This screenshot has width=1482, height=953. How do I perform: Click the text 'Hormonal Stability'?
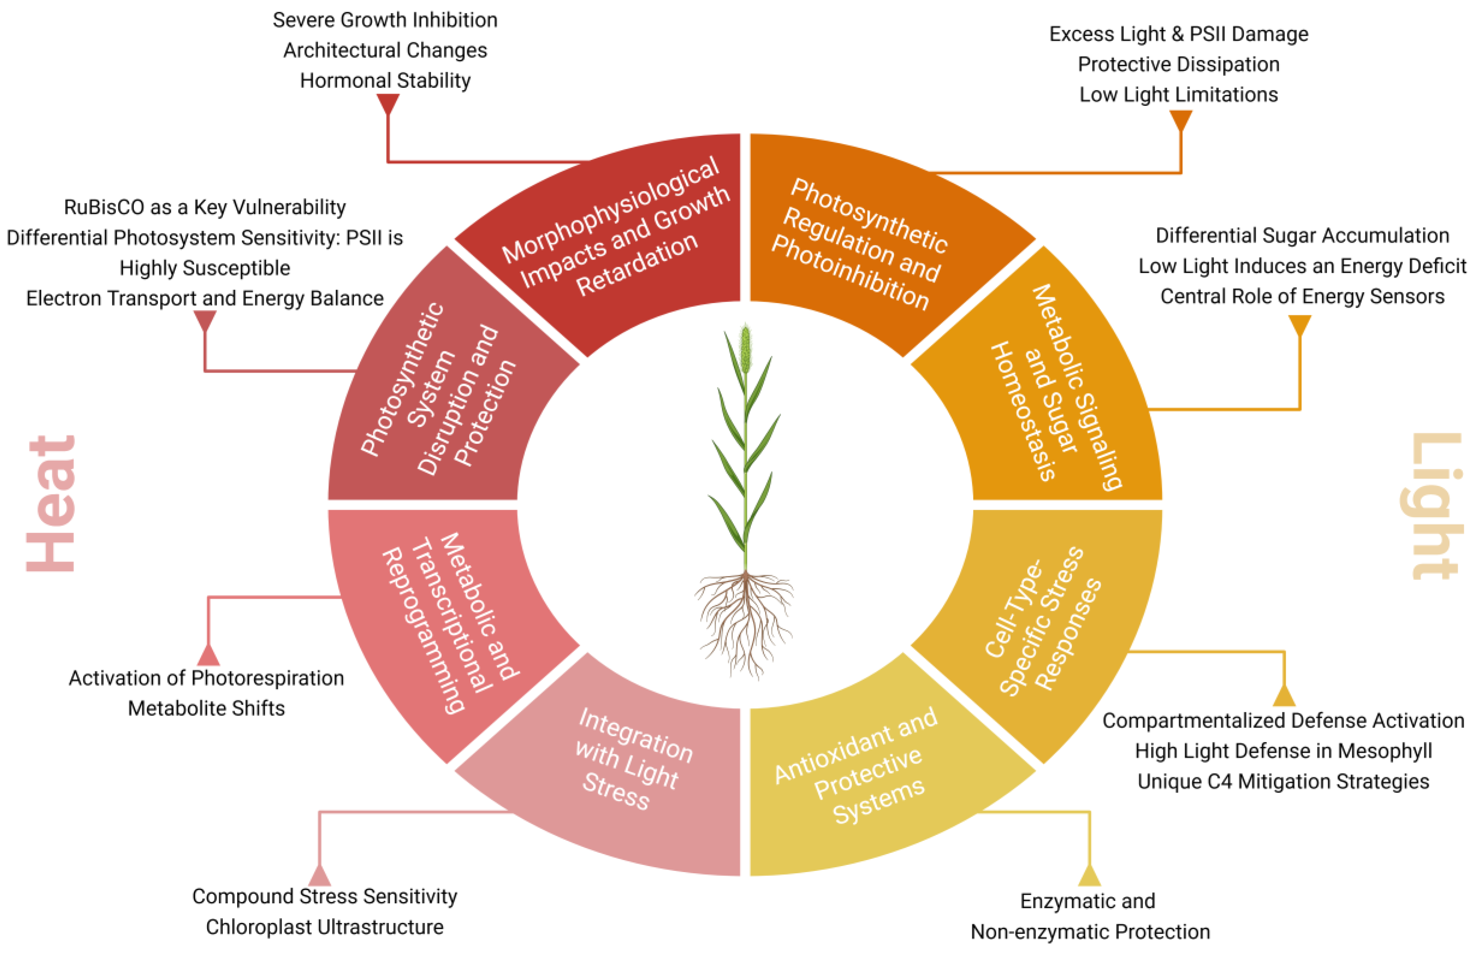pyautogui.click(x=385, y=81)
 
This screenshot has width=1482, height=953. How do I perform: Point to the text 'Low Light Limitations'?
pyautogui.click(x=1178, y=95)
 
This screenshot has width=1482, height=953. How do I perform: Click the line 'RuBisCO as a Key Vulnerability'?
pyautogui.click(x=204, y=208)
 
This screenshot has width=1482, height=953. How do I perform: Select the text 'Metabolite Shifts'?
pyautogui.click(x=206, y=708)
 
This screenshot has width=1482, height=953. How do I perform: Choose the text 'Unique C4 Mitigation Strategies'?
pyautogui.click(x=1283, y=782)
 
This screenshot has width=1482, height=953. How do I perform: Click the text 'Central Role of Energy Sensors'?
pyautogui.click(x=1302, y=296)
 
